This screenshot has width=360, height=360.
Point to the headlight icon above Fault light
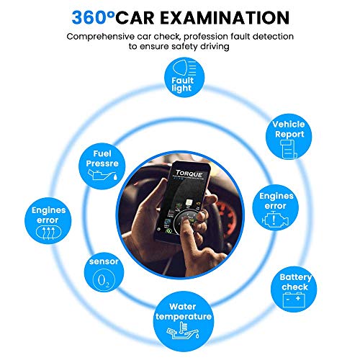184,68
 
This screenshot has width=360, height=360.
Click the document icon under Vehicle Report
289,149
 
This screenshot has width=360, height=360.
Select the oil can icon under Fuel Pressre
102,175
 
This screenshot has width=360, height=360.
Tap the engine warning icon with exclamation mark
275,220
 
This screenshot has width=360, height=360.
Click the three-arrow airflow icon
48,233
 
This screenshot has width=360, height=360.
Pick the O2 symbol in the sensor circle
104,280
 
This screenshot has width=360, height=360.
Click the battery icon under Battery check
294,301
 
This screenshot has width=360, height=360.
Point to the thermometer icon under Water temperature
183,330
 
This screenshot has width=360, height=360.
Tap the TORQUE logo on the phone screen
189,174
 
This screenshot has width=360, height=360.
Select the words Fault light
182,84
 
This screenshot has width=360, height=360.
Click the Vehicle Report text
289,129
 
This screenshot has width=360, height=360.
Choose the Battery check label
295,282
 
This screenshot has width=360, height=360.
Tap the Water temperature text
184,312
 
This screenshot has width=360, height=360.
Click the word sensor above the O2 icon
104,261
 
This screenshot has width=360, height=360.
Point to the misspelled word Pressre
102,163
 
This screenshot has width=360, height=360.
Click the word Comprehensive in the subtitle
101,37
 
